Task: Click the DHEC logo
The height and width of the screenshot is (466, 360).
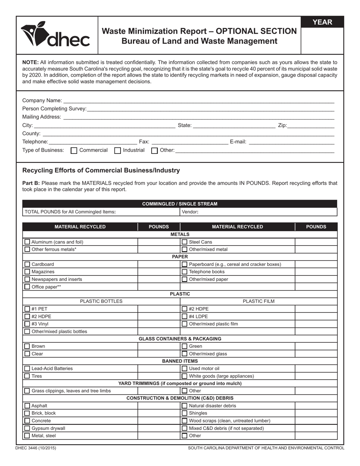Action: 55,35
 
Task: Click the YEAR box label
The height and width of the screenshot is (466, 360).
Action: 322,22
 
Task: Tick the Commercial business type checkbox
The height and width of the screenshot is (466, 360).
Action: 74,150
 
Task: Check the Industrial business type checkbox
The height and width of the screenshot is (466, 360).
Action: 118,150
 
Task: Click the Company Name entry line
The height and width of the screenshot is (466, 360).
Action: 199,101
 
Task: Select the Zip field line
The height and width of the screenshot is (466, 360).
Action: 311,126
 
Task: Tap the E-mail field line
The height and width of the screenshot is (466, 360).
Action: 291,142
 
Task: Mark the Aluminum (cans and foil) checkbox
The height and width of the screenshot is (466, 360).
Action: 27,242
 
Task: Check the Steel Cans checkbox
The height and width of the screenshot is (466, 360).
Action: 185,242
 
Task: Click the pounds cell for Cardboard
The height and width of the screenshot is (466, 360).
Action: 158,264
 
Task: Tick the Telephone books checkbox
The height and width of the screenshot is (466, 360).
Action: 185,272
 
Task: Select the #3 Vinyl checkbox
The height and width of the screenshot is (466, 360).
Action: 27,324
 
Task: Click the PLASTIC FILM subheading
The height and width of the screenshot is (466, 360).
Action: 258,302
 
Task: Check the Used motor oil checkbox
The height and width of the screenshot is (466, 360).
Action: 185,368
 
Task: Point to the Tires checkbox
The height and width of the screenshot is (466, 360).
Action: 27,376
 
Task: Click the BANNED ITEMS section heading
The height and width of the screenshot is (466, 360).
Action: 180,361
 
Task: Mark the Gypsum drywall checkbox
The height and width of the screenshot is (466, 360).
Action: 27,428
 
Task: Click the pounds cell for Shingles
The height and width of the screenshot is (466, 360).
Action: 316,413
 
